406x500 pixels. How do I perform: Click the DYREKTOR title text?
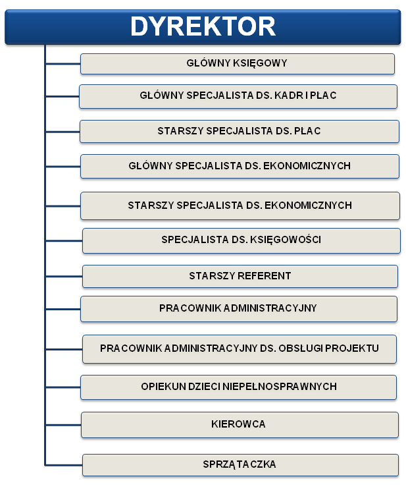click(x=203, y=26)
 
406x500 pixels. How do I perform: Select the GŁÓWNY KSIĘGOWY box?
click(x=238, y=64)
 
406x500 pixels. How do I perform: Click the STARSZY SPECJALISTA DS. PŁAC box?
click(x=239, y=131)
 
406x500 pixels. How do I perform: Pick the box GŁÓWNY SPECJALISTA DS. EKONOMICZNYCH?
click(x=240, y=166)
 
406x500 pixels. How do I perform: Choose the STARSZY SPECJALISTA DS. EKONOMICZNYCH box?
click(x=240, y=206)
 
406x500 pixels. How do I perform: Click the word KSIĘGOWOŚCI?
click(x=286, y=240)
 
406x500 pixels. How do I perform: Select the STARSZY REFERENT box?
click(x=240, y=276)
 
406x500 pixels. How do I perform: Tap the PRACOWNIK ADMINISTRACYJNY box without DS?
click(x=238, y=309)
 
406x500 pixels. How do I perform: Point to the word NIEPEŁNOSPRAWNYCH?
click(x=280, y=387)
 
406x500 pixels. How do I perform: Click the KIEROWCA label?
click(x=238, y=424)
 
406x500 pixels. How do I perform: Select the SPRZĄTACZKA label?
click(x=239, y=464)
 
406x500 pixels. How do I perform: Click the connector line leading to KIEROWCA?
click(x=63, y=425)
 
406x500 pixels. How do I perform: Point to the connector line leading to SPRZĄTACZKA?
click(x=64, y=465)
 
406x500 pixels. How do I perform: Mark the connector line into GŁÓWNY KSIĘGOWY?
click(x=63, y=64)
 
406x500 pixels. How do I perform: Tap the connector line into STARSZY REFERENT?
click(x=64, y=276)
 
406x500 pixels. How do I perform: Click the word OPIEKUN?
click(x=163, y=387)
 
